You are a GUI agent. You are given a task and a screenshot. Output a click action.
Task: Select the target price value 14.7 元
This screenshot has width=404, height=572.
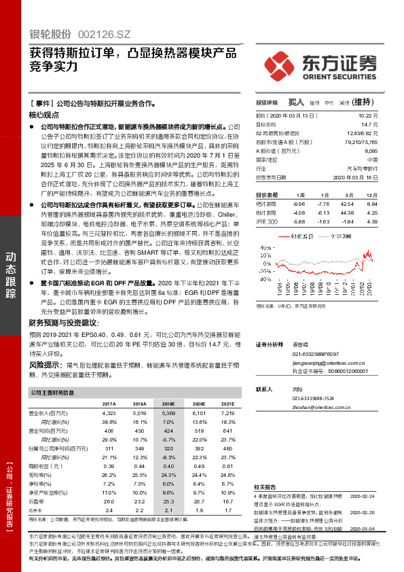tap(388, 125)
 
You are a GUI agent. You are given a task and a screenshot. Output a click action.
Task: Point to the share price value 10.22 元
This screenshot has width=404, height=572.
tap(386, 116)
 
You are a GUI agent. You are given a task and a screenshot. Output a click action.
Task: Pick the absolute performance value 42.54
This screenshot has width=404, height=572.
tap(346, 204)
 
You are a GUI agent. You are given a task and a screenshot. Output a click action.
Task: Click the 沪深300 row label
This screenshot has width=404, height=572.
tap(267, 221)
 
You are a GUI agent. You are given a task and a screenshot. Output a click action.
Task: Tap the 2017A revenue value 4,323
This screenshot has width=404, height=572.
tap(109, 412)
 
